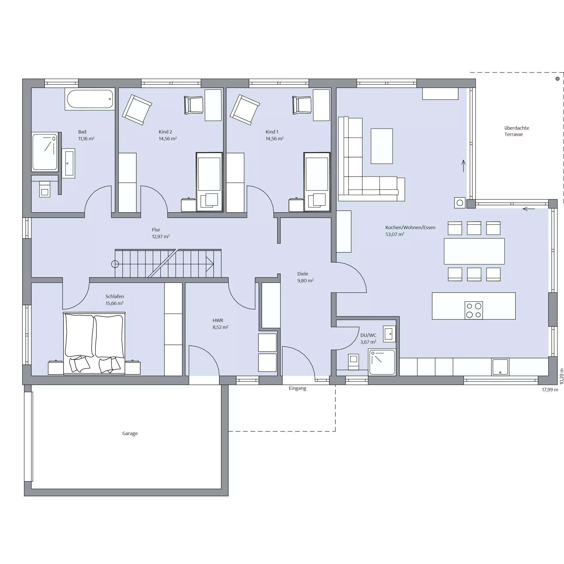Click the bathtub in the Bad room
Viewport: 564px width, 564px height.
[x=90, y=99]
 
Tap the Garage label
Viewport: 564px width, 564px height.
[x=130, y=434]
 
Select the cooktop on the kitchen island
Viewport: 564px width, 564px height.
[x=474, y=310]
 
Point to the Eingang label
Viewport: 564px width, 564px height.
[x=297, y=388]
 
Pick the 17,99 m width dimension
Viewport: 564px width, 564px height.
[x=550, y=390]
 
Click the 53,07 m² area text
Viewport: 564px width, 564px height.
[x=395, y=234]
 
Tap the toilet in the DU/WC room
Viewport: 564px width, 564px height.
[x=354, y=362]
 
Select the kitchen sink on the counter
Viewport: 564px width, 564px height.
[x=500, y=367]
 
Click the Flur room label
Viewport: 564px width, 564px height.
[x=156, y=230]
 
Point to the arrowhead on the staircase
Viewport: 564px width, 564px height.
[x=210, y=264]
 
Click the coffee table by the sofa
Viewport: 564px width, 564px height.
[x=381, y=146]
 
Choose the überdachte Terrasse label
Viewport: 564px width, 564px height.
[x=516, y=131]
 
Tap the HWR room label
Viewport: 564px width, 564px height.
[x=218, y=320]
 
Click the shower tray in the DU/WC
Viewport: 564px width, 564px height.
[x=382, y=362]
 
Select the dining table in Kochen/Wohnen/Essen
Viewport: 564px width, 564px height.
[x=474, y=251]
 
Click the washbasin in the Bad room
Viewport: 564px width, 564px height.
[x=68, y=163]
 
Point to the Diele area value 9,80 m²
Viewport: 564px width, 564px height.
[x=305, y=280]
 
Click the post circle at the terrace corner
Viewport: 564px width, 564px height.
[x=557, y=79]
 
